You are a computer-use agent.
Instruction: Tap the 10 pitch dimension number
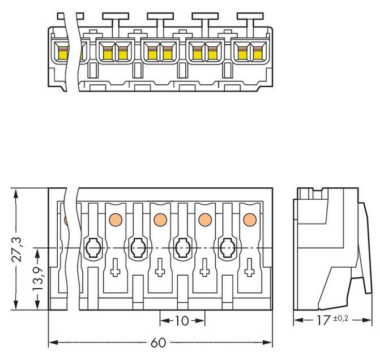point(181,321)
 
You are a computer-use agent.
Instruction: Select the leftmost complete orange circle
point(114,218)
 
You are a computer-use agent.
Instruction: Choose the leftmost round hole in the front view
point(92,247)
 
